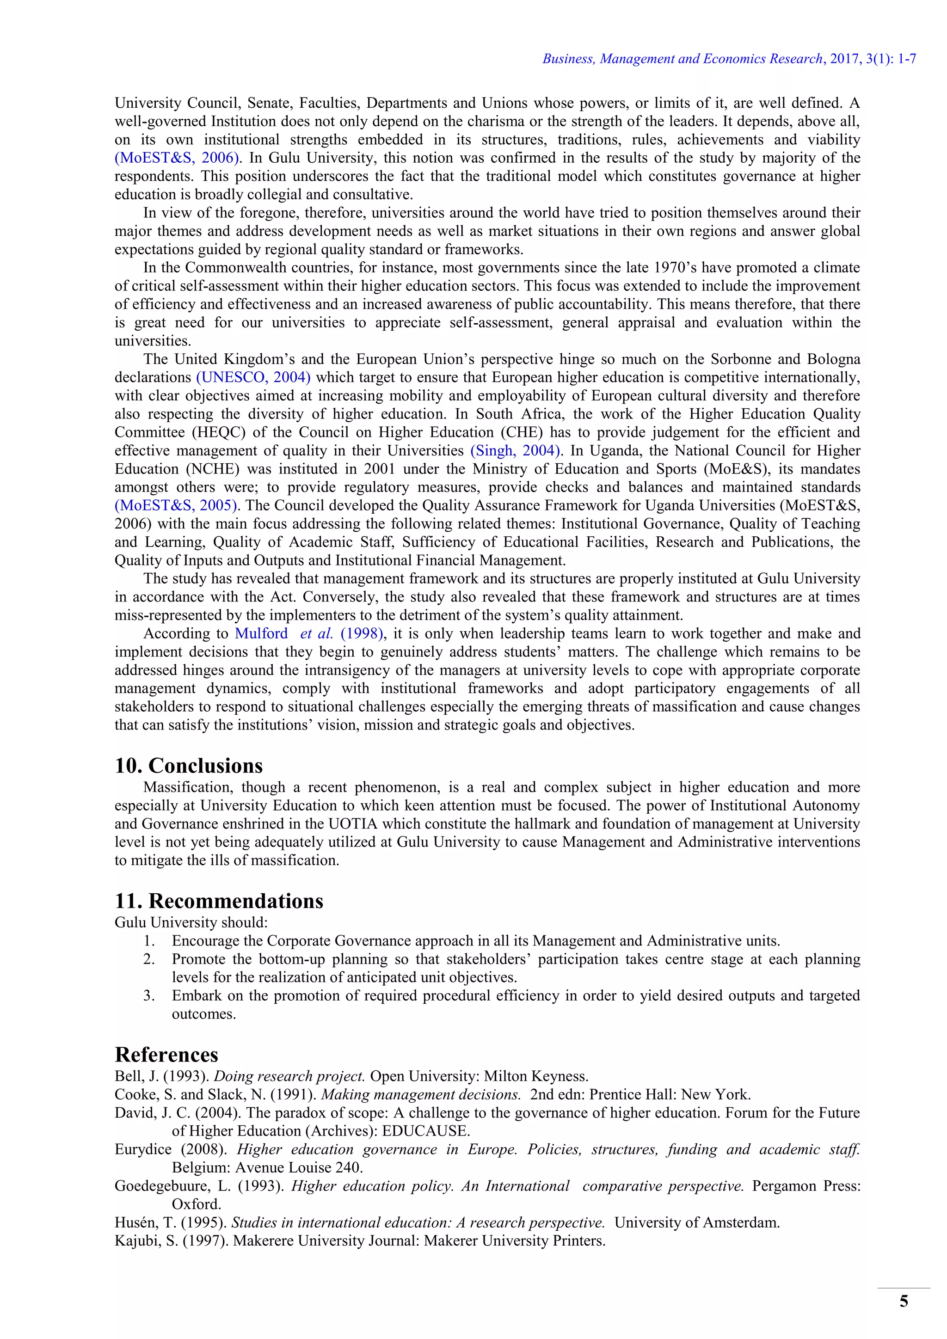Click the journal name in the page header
click(682, 59)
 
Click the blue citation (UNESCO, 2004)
click(253, 377)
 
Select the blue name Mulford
click(261, 634)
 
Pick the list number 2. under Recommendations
click(149, 959)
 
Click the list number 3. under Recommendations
click(149, 996)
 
